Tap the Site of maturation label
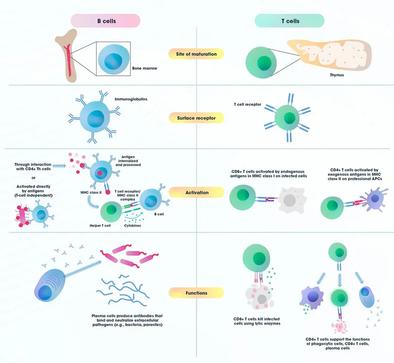point(196,54)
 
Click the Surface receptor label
point(196,118)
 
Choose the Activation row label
point(196,193)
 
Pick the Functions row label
point(196,293)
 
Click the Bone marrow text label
point(145,68)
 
